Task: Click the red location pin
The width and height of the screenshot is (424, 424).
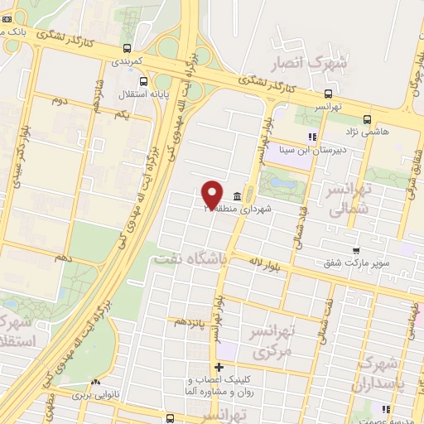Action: click(x=212, y=194)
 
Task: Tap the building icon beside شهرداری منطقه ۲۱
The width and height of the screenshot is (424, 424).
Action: click(x=238, y=196)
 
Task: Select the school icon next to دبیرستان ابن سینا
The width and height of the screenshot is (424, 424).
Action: click(x=312, y=137)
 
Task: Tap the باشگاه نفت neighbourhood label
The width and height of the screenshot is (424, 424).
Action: click(x=190, y=259)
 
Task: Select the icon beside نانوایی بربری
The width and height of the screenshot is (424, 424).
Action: click(x=96, y=383)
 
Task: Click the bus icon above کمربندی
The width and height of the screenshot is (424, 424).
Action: click(x=127, y=47)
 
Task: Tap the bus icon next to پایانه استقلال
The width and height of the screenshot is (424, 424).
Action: click(x=144, y=81)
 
